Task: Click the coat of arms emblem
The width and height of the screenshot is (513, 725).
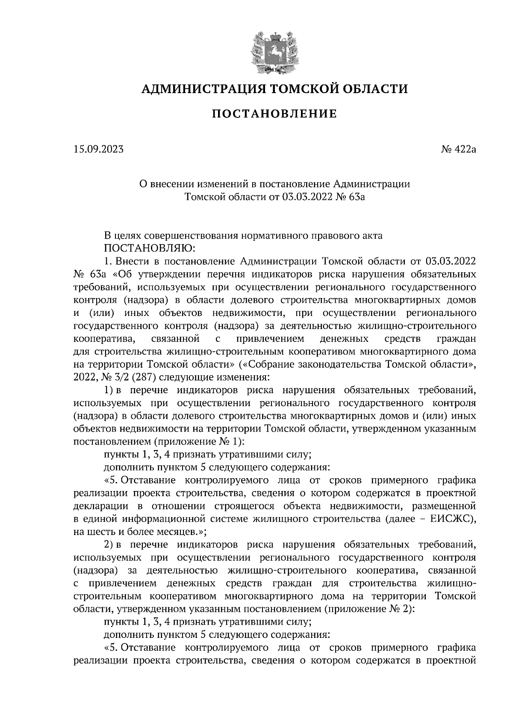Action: click(274, 50)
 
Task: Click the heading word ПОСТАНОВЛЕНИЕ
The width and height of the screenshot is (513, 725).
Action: click(274, 114)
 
